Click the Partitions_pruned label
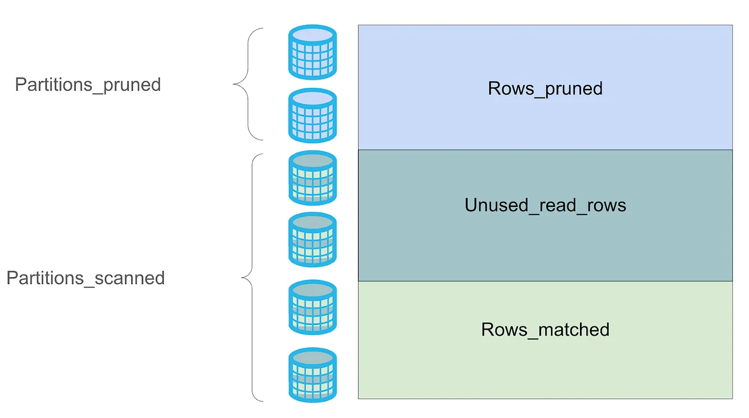(88, 85)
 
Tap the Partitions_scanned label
(86, 278)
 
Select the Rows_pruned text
(545, 88)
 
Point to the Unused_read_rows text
(545, 206)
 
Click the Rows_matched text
(545, 329)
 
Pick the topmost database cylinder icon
(312, 52)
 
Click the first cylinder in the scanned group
(312, 178)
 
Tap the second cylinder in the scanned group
(312, 240)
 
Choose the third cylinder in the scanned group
(312, 308)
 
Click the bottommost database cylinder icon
(312, 375)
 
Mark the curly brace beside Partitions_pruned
(247, 85)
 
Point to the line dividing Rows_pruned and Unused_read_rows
(545, 150)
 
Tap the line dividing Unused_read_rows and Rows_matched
(545, 281)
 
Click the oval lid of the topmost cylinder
(312, 34)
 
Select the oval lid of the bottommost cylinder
(312, 357)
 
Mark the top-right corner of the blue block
(732, 25)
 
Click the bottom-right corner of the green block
(732, 398)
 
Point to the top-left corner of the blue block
(358, 25)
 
